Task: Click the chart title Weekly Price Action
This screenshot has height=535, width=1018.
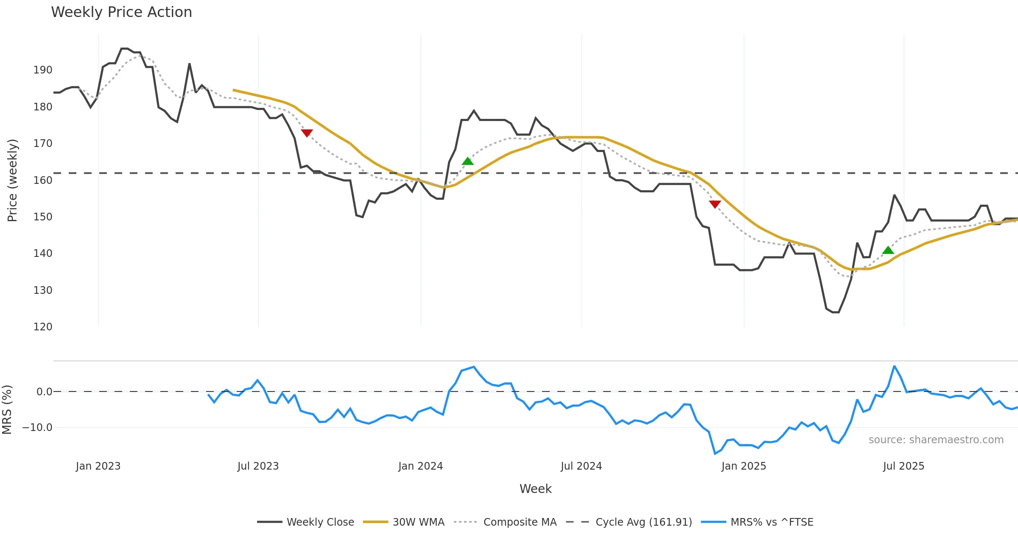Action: pyautogui.click(x=121, y=12)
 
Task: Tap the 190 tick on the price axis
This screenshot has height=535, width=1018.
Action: pyautogui.click(x=43, y=70)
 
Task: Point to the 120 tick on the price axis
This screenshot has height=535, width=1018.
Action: pyautogui.click(x=43, y=327)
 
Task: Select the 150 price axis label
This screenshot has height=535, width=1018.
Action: pyautogui.click(x=43, y=217)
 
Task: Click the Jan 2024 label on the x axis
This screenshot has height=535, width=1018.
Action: pyautogui.click(x=420, y=466)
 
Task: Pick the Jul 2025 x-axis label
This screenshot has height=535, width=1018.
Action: pyautogui.click(x=903, y=466)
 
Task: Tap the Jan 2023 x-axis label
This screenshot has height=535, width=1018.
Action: pyautogui.click(x=98, y=466)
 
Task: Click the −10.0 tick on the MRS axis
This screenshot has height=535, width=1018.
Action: pyautogui.click(x=37, y=428)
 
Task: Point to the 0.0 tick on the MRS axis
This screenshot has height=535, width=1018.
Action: pyautogui.click(x=44, y=392)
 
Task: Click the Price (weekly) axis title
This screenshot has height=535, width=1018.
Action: pyautogui.click(x=12, y=180)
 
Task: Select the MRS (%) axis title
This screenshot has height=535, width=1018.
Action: pyautogui.click(x=7, y=410)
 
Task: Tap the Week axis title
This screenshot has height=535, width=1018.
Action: pyautogui.click(x=535, y=489)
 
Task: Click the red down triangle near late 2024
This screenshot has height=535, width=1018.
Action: pyautogui.click(x=715, y=204)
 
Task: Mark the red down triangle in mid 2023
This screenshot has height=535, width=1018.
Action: pyautogui.click(x=307, y=133)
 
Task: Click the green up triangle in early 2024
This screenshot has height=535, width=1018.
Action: pyautogui.click(x=467, y=161)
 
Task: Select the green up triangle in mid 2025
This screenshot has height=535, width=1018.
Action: pyautogui.click(x=888, y=251)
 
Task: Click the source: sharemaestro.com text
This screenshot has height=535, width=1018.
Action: pyautogui.click(x=936, y=440)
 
